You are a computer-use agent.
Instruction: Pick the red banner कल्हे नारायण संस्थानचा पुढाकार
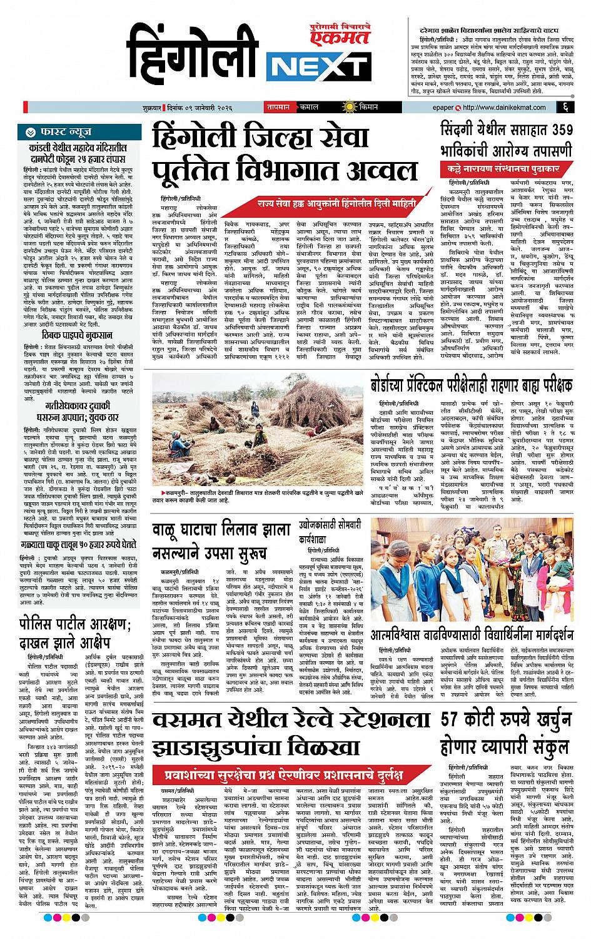[506, 170]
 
